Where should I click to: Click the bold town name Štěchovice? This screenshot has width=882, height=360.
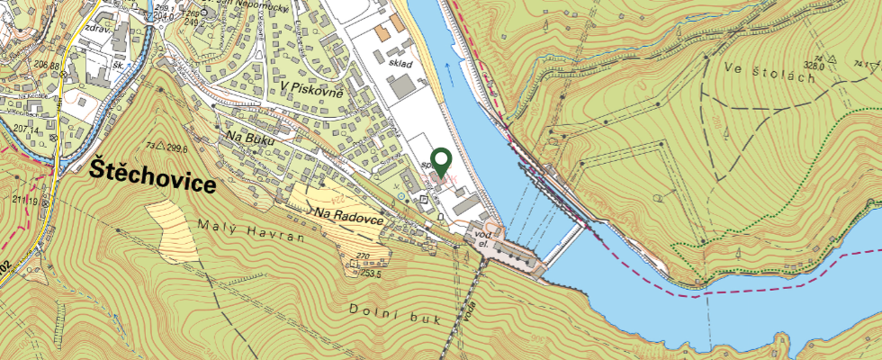154,175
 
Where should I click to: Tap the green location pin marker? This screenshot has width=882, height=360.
441,162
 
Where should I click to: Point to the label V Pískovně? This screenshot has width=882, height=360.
314,87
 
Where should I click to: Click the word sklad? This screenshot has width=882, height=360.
400,65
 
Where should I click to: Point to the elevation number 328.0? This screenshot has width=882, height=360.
816,64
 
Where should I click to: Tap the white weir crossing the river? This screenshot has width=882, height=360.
566,243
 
